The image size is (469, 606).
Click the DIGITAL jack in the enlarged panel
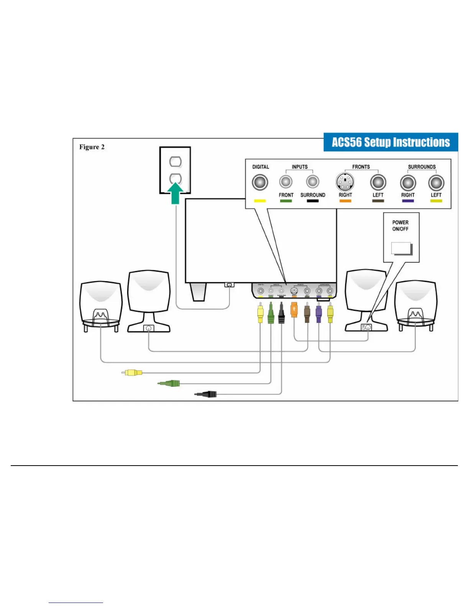260,182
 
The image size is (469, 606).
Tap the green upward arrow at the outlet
175,193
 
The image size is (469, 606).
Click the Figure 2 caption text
92,147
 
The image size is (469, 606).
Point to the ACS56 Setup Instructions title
390,142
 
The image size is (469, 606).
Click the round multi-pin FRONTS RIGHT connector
345,182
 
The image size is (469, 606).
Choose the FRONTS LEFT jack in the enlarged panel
378,182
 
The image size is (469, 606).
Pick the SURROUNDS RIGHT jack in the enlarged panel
408,183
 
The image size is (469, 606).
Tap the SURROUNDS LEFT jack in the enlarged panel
436,183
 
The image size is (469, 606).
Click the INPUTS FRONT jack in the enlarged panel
286,181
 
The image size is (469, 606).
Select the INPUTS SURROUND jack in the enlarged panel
313,181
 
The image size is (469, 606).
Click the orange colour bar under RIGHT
345,201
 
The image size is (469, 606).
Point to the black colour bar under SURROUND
313,201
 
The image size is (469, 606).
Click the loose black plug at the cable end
207,394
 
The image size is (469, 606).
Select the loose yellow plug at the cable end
132,372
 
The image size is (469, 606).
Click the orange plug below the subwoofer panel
294,310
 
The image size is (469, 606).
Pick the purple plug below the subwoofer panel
318,313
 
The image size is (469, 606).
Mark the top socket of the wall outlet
175,161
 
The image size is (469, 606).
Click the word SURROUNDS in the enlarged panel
421,167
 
